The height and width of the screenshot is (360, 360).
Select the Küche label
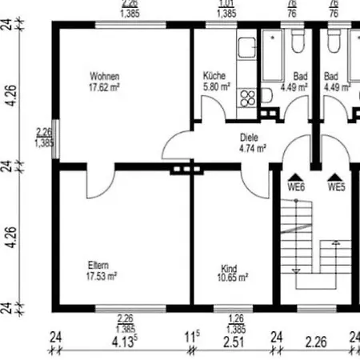215,76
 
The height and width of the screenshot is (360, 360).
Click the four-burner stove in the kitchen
247,97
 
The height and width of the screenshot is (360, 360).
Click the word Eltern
99,265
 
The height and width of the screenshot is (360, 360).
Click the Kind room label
230,269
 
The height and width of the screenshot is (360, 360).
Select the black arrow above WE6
296,176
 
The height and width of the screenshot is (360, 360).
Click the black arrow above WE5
335,176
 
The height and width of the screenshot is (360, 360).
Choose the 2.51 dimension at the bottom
234,344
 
